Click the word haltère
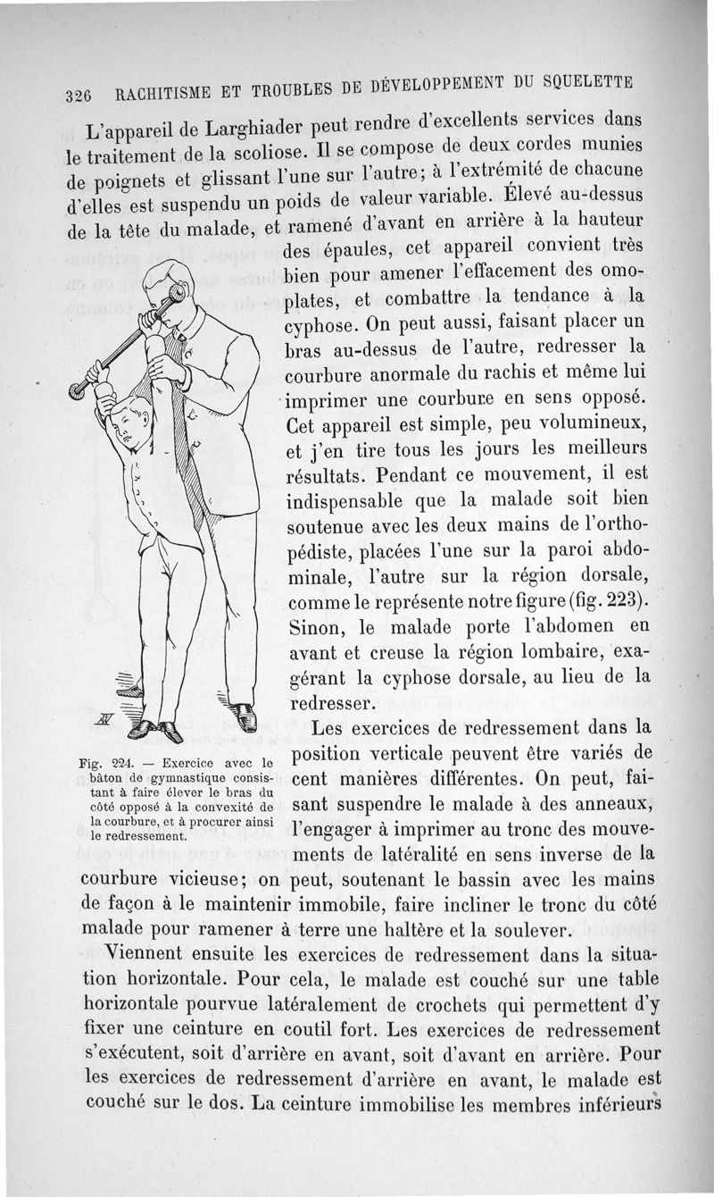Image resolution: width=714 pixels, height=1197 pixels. pos(444,929)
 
